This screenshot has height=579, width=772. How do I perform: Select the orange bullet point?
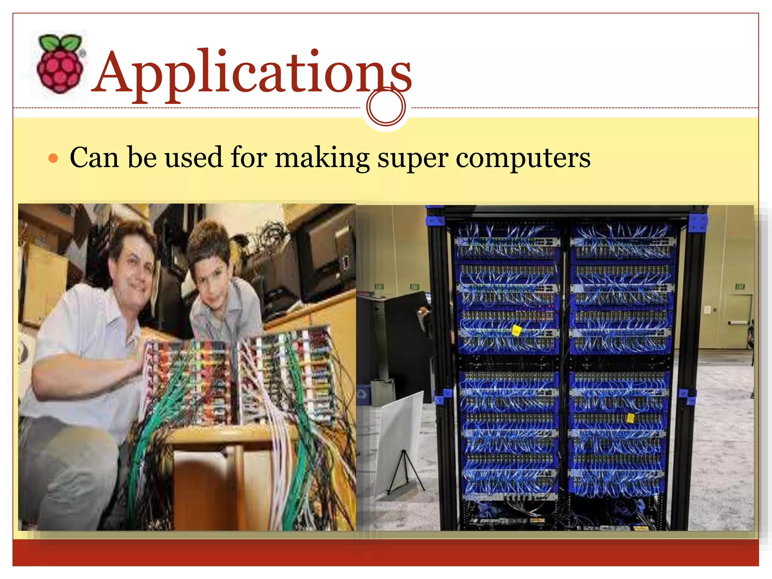coord(54,158)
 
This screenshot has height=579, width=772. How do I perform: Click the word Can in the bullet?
coord(94,157)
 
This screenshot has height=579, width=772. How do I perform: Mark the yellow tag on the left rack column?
coord(516,331)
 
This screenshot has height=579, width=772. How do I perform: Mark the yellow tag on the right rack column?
coord(631,418)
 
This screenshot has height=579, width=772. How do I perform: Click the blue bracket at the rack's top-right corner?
coord(698,223)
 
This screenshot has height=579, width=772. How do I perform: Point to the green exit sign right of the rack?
coord(740,286)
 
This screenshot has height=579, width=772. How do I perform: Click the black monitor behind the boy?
coord(324,256)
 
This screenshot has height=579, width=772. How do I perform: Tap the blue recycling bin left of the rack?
coord(363,395)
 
